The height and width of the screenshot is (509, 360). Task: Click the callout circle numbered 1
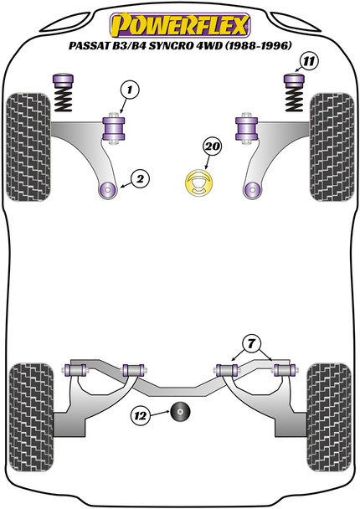click(x=130, y=90)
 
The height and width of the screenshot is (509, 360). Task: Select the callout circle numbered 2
click(x=141, y=179)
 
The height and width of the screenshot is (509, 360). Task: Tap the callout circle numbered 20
click(x=213, y=147)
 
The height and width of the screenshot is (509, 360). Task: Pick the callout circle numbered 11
click(x=309, y=61)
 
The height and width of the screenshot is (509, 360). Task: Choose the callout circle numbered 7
click(x=251, y=344)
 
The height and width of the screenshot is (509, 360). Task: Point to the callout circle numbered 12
click(x=141, y=415)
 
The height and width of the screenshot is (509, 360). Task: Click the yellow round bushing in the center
click(x=198, y=183)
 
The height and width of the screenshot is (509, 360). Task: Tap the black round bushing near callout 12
click(x=180, y=412)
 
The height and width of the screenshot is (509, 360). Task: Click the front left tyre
click(x=28, y=147)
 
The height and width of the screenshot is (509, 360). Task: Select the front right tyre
click(x=332, y=147)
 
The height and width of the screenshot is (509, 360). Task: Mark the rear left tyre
click(x=32, y=418)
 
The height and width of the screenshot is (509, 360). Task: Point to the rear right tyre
click(x=329, y=418)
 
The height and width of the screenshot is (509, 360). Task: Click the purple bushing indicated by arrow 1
click(x=114, y=129)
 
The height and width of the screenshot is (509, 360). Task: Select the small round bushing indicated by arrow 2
click(x=107, y=189)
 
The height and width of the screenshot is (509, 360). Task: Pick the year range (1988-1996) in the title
click(x=257, y=45)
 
